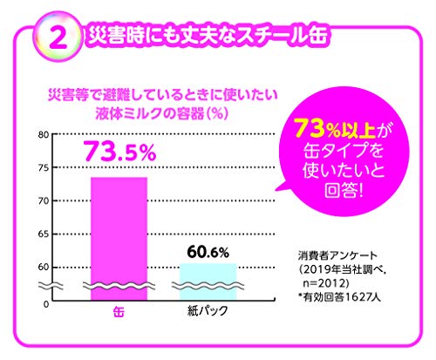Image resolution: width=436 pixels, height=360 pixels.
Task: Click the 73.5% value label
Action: (119, 152)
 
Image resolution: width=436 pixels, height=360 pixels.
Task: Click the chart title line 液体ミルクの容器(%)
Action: (148, 112)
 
